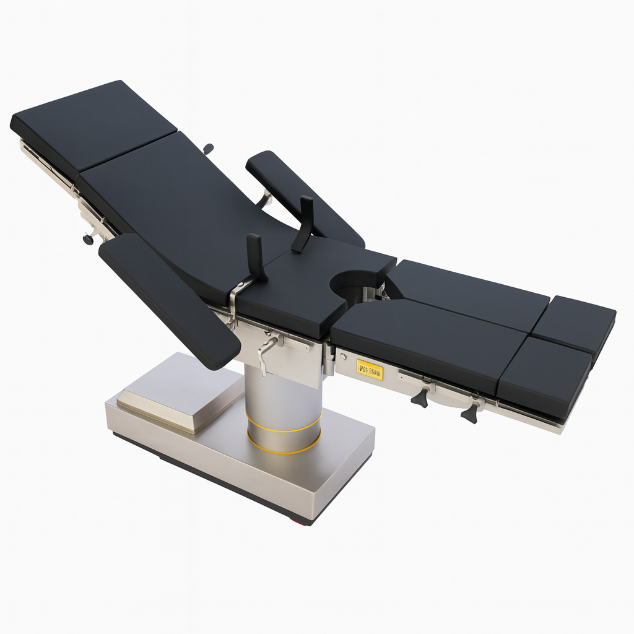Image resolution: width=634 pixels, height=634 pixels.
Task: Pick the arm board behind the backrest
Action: point(303,195)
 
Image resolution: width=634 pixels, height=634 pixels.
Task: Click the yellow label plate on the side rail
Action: point(370,371)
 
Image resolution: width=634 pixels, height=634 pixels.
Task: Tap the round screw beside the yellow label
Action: point(343,357)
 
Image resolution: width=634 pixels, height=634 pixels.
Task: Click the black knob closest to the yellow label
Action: point(420,397)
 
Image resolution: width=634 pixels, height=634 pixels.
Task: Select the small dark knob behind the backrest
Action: point(209,149)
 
